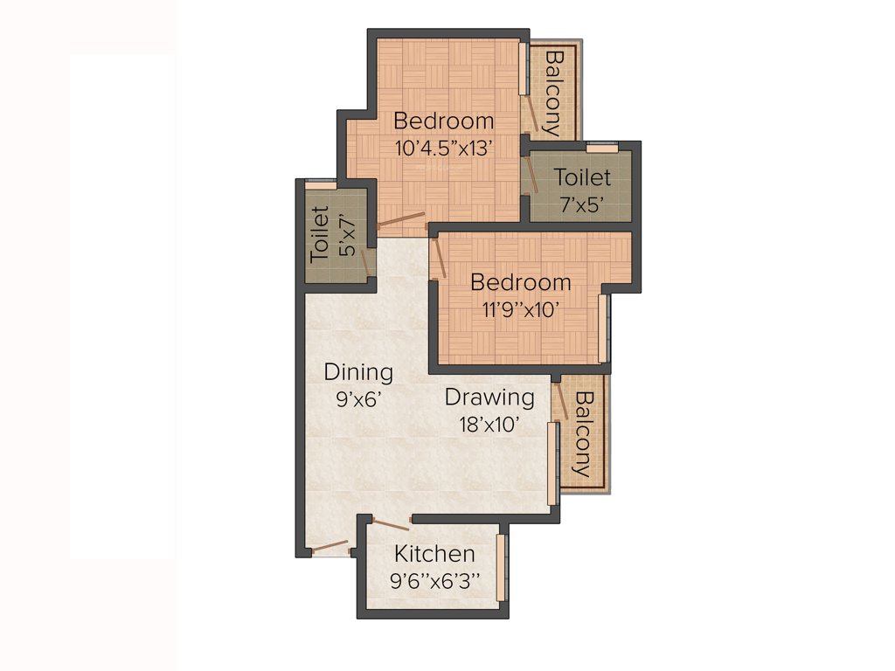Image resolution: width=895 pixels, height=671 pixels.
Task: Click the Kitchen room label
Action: pos(434,554)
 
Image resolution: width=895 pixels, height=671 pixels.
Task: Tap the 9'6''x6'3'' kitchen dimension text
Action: pos(434,580)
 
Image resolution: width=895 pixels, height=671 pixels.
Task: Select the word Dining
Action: pos(358,372)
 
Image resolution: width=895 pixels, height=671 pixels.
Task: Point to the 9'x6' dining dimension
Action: pos(358,399)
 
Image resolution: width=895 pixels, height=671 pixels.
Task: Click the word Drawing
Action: pos(489,398)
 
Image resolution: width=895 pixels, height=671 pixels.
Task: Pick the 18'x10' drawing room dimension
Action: pos(489,425)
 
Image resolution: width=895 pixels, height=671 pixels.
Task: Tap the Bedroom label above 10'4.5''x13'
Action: pos(444,121)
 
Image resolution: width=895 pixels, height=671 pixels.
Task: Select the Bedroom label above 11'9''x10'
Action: pos(521,282)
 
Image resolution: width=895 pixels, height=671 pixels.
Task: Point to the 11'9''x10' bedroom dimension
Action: pos(521,308)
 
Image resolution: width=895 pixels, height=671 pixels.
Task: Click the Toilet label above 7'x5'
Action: pos(582,178)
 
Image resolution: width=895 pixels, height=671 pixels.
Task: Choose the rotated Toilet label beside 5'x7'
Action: pos(320,234)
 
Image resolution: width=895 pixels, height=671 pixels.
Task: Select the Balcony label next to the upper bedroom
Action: pos(552,92)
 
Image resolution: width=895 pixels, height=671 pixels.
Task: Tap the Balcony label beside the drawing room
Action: pos(583,432)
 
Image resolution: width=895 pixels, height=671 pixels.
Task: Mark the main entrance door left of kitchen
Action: pos(330,548)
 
